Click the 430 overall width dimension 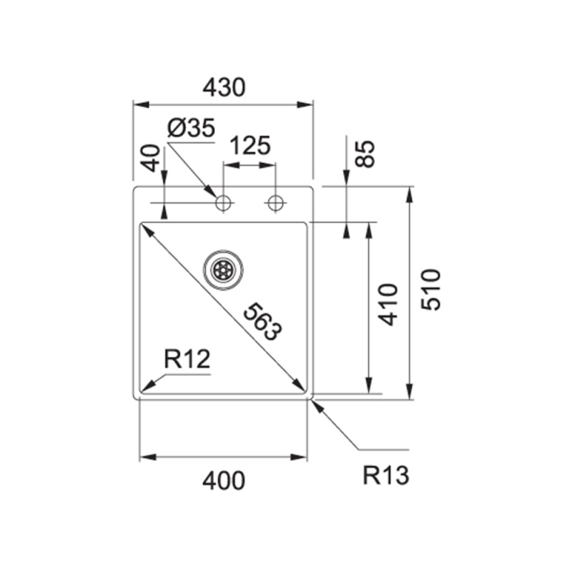(224, 87)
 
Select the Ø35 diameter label (191, 129)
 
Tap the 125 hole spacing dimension (250, 146)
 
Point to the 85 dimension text (365, 153)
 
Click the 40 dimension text (151, 157)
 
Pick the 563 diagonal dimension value (262, 321)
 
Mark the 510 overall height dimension (431, 289)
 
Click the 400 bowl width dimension (223, 480)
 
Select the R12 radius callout (187, 359)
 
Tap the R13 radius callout (385, 475)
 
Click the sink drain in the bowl (223, 270)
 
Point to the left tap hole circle (224, 203)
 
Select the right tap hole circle (275, 203)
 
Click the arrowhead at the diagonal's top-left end (144, 228)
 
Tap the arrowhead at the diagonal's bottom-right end (302, 388)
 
